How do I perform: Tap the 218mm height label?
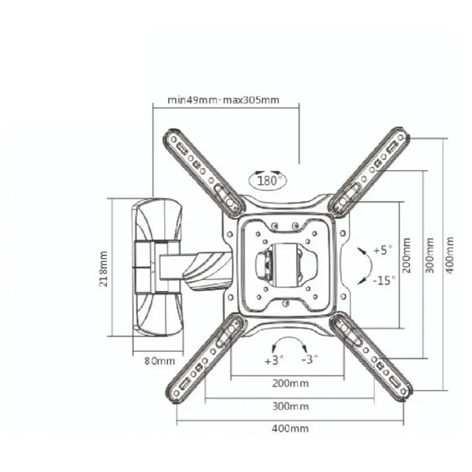[104, 268]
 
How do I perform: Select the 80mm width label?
[159, 361]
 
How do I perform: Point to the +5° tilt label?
[383, 251]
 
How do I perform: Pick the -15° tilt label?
[384, 280]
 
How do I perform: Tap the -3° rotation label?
[309, 359]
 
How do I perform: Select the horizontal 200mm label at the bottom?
[290, 383]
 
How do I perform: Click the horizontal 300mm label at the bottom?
[290, 406]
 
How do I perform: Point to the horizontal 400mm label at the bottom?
[290, 428]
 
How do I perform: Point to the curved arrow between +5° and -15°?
[372, 266]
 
